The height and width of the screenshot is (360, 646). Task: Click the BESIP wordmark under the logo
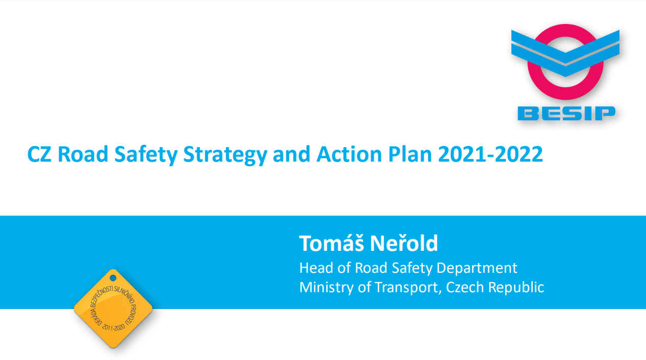click(566, 113)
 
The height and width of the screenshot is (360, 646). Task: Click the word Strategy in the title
click(225, 155)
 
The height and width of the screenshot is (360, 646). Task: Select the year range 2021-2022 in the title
click(490, 154)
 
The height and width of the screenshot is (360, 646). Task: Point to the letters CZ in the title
click(39, 154)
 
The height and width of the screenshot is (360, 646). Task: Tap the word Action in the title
click(349, 154)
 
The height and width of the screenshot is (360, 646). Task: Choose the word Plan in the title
click(410, 154)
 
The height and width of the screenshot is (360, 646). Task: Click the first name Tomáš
click(331, 243)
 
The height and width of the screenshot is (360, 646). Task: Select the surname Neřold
click(404, 243)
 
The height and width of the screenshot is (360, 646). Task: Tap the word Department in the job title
click(477, 269)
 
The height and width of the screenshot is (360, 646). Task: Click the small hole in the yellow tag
click(113, 278)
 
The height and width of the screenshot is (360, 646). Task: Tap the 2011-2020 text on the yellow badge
click(113, 327)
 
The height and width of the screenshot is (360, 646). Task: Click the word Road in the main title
click(83, 154)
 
